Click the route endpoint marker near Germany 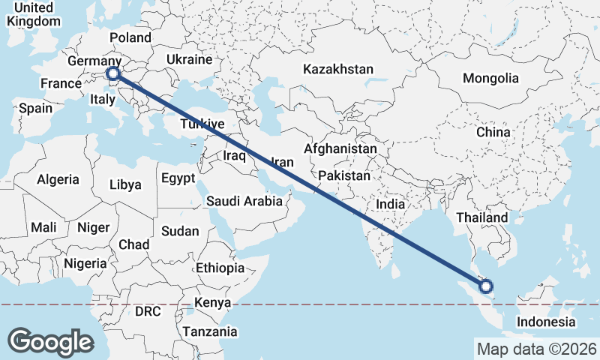pos(113,73)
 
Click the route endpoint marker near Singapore pos(486,286)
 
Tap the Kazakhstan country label pos(337,69)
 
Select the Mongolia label pos(490,78)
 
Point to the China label pos(493,132)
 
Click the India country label pos(390,203)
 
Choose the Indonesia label pos(545,322)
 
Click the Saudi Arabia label pos(244,201)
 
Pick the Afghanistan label pos(340,149)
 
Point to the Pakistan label pos(344,175)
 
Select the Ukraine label pos(189,59)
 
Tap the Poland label pos(130,37)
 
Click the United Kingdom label pos(32,14)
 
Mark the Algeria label pos(58,179)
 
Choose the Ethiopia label pos(220,268)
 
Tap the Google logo pos(50,341)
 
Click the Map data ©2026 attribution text pos(536,349)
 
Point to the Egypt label pos(178,178)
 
